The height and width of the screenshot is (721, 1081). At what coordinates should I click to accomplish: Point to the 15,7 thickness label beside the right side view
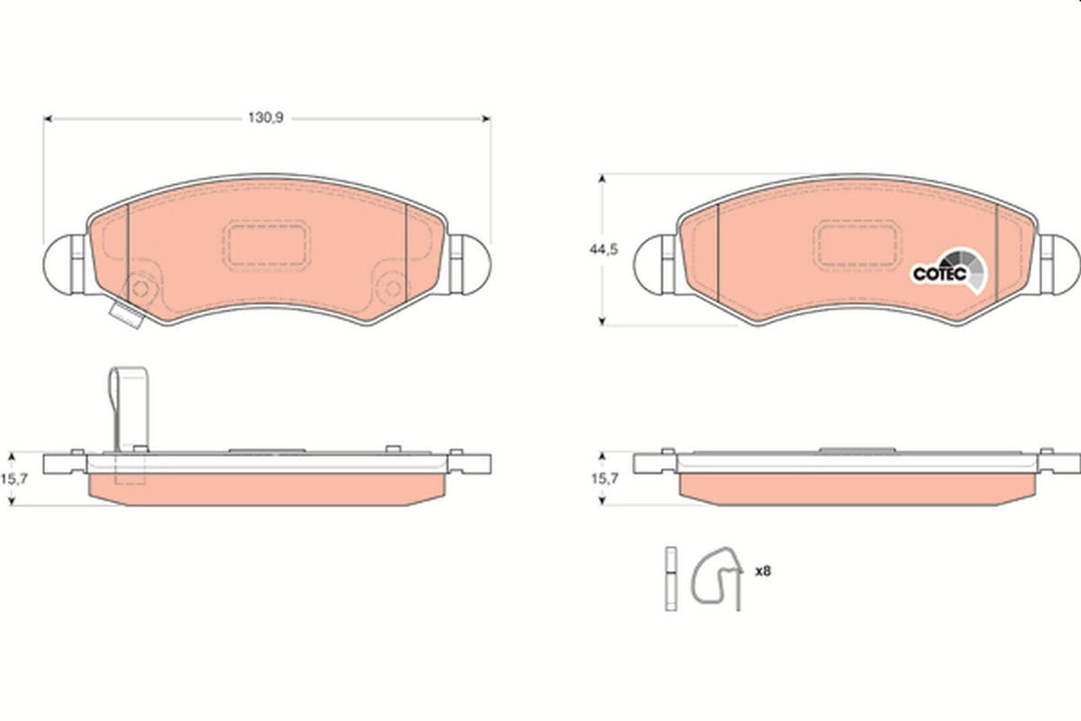tap(604, 479)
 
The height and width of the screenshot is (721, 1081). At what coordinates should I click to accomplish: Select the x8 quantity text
tap(762, 570)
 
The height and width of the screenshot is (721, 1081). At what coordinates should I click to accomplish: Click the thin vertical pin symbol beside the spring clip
tap(670, 579)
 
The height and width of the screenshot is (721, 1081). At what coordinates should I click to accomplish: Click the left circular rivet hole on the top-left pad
tap(140, 289)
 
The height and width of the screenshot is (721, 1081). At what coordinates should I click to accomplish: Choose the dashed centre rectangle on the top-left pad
tap(267, 244)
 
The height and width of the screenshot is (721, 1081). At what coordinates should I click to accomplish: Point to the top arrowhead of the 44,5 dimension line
tap(603, 179)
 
